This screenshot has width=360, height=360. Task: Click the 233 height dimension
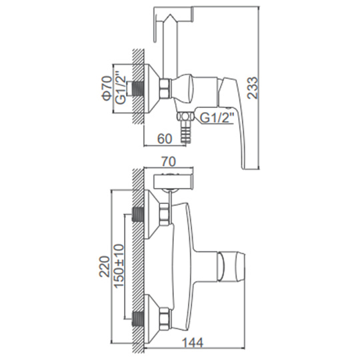point(253,88)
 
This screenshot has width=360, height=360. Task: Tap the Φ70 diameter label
point(107,89)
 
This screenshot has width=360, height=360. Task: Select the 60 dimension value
point(165,139)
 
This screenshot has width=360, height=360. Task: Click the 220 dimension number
point(105,266)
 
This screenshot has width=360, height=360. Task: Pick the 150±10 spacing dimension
point(119,266)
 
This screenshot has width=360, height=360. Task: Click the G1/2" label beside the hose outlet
point(217,119)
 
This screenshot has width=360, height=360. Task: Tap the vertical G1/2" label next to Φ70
point(121,89)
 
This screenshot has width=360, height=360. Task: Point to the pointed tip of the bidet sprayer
point(170,14)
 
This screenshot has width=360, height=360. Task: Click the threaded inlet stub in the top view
point(137,88)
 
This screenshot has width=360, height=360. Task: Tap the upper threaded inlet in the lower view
point(137,215)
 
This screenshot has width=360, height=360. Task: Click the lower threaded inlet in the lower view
point(137,318)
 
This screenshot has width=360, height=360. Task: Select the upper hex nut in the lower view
point(165,215)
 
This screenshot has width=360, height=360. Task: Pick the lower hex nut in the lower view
point(165,318)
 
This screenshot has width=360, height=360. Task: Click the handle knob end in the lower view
point(233,267)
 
